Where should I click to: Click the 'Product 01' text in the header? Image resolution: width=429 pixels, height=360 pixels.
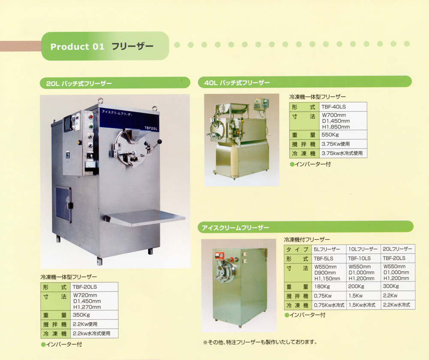click(77, 46)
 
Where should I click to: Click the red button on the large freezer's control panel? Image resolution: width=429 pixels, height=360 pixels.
click(91, 117)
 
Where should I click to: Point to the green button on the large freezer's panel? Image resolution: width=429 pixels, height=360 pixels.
click(91, 127)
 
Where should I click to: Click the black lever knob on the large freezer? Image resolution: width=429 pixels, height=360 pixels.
click(159, 142)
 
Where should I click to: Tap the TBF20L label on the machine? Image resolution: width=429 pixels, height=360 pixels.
click(151, 128)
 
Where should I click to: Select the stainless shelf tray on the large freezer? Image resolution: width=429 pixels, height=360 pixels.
click(145, 218)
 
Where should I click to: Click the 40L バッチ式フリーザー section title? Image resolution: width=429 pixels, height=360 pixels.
click(237, 83)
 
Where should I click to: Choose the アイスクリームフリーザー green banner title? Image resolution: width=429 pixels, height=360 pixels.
click(235, 227)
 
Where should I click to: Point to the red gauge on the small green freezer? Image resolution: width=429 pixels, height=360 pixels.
click(219, 256)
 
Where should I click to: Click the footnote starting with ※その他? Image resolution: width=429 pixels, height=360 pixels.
click(260, 342)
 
